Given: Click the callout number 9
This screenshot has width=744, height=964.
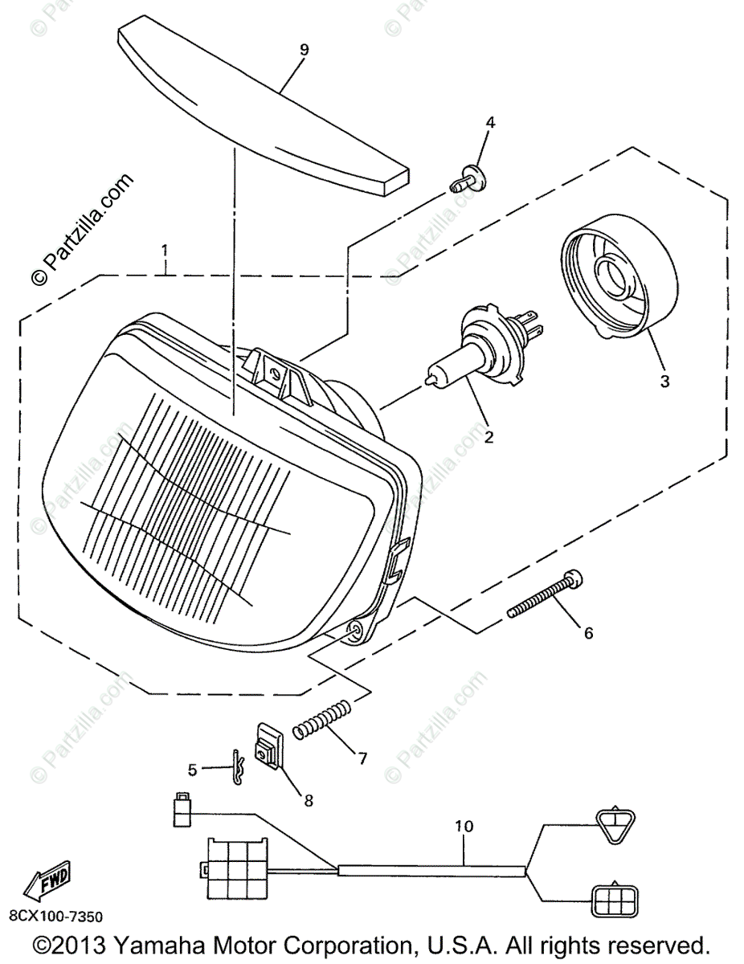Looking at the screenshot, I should click(x=304, y=50).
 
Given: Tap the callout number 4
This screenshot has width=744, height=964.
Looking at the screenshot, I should click(x=490, y=123).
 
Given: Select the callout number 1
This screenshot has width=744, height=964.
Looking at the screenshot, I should click(x=165, y=251).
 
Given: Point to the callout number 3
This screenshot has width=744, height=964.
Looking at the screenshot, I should click(x=664, y=382).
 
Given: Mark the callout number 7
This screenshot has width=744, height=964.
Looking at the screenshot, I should click(x=362, y=757).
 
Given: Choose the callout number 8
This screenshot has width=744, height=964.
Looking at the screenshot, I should click(x=308, y=800).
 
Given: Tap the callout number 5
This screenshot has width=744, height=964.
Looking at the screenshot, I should click(x=192, y=770).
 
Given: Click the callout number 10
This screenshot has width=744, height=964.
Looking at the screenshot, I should click(x=464, y=825).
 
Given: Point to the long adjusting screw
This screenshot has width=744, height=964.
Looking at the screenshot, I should click(x=546, y=594).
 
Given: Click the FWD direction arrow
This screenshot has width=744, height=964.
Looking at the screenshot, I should click(x=47, y=881).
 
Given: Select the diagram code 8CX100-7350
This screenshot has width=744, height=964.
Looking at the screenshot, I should click(x=56, y=916).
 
